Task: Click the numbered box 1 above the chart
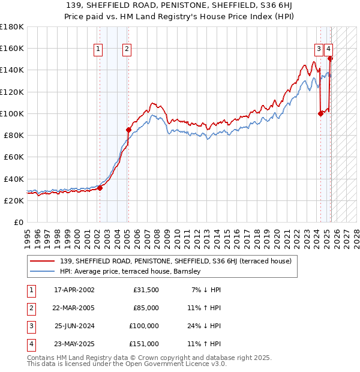pyautogui.click(x=98, y=50)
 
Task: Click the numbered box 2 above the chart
pyautogui.click(x=127, y=50)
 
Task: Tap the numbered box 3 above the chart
pyautogui.click(x=319, y=50)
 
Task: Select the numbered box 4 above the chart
pyautogui.click(x=329, y=50)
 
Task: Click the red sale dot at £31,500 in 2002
pyautogui.click(x=100, y=188)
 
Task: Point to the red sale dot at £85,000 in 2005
pyautogui.click(x=128, y=130)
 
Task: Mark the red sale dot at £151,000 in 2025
pyautogui.click(x=330, y=58)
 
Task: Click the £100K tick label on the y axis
pyautogui.click(x=12, y=113)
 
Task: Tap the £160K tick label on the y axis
pyautogui.click(x=12, y=48)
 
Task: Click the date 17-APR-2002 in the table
pyautogui.click(x=74, y=290)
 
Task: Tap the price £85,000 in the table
pyautogui.click(x=146, y=308)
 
